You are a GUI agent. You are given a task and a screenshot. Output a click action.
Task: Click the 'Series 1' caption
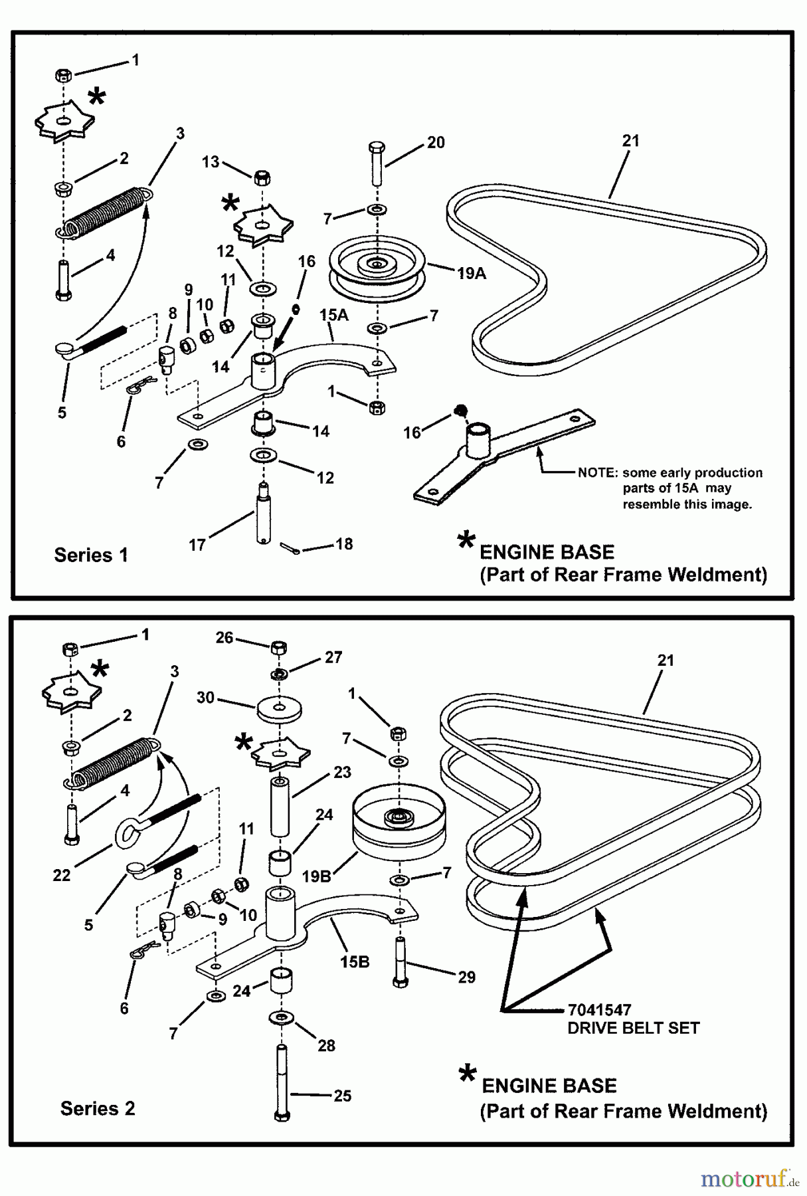click(90, 555)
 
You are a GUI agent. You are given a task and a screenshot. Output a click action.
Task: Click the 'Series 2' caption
click(97, 1108)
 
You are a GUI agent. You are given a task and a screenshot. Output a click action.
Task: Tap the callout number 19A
click(472, 272)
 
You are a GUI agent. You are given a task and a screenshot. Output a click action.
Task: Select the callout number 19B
click(316, 876)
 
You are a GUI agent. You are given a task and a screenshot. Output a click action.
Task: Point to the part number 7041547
click(599, 1010)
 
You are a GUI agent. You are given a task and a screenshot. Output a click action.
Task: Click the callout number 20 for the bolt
click(436, 142)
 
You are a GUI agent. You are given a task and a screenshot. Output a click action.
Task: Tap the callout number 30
click(205, 698)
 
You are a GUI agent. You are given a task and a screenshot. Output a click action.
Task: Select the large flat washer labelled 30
click(279, 708)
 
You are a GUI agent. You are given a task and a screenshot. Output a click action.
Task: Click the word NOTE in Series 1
click(597, 473)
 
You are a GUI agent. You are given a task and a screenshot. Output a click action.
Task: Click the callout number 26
click(224, 638)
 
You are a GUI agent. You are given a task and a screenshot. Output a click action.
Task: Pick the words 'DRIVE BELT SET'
click(633, 1028)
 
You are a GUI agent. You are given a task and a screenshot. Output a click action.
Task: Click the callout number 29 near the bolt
click(466, 977)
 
